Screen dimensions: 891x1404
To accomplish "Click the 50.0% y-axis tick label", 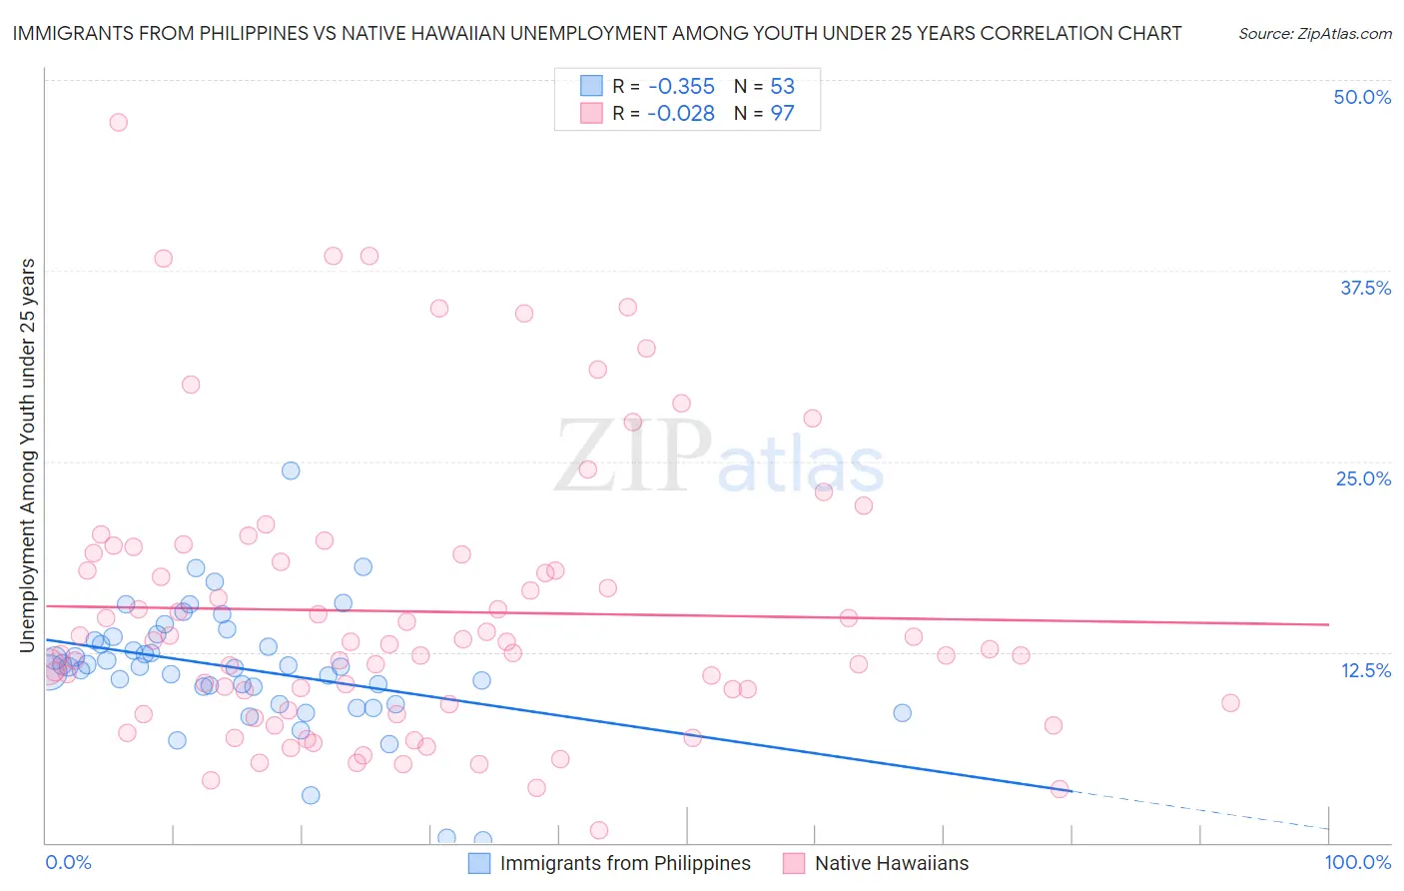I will pos(1361,97).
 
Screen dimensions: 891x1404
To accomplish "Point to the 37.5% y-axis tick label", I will pos(1364,288).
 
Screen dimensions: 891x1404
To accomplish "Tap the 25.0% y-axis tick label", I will pos(1363,478).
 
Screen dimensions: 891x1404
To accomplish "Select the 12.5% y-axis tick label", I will pos(1365,669).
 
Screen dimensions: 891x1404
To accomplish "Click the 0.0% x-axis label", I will pos(68,862).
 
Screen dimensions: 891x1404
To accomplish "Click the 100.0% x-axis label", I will pos(1357,862).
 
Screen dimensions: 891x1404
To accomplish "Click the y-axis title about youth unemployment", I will pos(27,455).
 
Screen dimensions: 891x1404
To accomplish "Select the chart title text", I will pos(596,33).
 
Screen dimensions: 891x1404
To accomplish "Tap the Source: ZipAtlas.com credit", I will pos(1314,33).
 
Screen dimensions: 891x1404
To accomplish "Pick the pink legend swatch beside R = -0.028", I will pos(592,114).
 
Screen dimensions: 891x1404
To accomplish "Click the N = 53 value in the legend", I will pos(764,87).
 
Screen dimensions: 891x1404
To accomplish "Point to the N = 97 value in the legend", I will pos(764,114).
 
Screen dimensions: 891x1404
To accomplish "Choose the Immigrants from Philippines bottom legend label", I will pos(624,863).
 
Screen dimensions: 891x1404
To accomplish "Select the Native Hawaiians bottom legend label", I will pos(891,863).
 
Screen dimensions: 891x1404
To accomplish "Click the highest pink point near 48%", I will pos(118,122).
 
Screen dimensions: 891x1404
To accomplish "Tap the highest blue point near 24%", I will pos(291,470).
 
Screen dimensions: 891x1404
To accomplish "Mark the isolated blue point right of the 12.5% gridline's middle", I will pos(902,712).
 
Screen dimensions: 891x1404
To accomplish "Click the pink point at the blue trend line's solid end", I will pos(1059,789).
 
